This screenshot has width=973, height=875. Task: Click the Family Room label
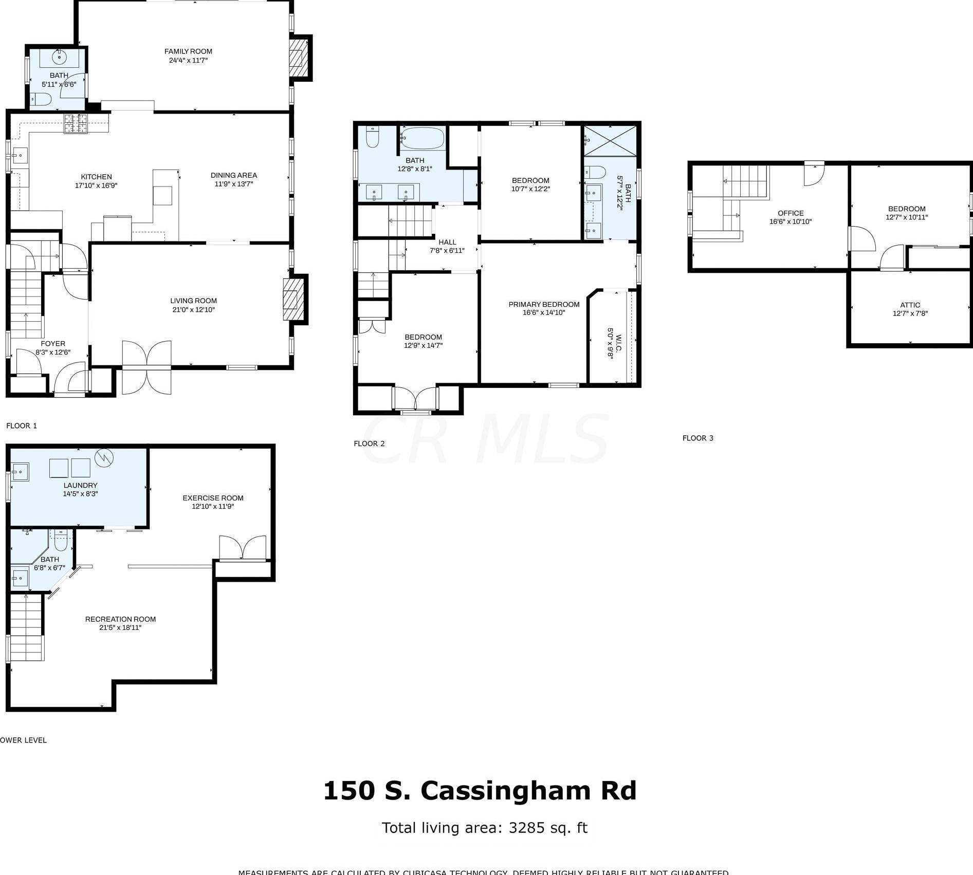click(x=188, y=51)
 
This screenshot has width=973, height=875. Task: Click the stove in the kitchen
click(x=76, y=123)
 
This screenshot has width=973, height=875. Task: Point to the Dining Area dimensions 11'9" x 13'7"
click(x=233, y=184)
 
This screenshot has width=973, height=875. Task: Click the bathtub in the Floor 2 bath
click(x=421, y=138)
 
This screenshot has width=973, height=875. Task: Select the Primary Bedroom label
click(x=544, y=304)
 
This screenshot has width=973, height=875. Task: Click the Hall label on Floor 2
click(x=447, y=242)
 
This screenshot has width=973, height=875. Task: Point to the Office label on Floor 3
click(x=791, y=213)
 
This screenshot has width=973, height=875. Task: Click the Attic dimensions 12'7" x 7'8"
click(x=910, y=313)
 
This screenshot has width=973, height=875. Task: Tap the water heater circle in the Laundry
click(x=105, y=456)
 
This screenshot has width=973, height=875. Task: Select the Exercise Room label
click(x=213, y=498)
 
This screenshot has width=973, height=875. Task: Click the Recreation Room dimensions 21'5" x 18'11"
click(x=120, y=627)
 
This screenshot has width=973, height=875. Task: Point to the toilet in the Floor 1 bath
click(x=40, y=99)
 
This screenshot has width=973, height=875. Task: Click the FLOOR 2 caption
click(x=369, y=443)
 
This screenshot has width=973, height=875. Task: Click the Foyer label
click(x=53, y=344)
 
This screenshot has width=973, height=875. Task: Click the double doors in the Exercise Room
click(x=243, y=548)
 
